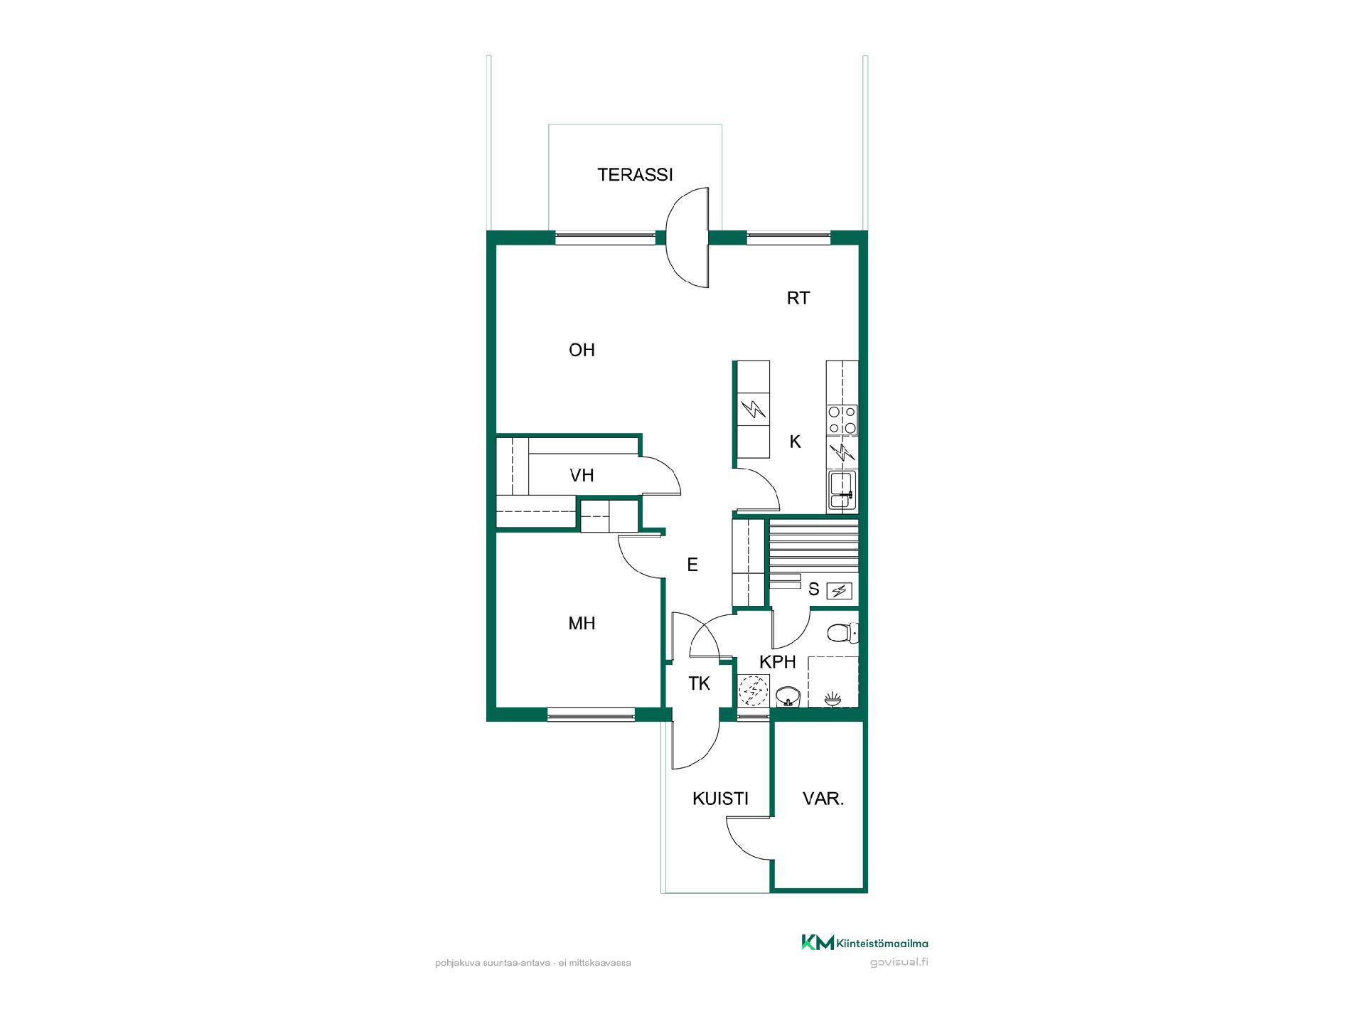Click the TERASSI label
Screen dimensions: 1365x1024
tap(635, 175)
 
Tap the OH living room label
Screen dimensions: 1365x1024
tap(582, 350)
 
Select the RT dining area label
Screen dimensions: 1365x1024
tap(798, 298)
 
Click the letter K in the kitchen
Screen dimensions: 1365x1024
tap(795, 442)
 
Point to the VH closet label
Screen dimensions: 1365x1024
tap(582, 475)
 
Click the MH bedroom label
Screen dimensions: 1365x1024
tap(582, 624)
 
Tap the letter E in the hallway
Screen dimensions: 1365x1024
tap(692, 565)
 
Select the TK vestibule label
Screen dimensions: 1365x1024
tap(699, 684)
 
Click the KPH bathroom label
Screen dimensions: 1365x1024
tap(777, 662)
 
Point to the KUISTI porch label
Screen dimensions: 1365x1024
tap(720, 799)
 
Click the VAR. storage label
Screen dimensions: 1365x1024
tap(823, 799)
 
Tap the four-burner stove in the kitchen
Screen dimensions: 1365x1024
tap(842, 420)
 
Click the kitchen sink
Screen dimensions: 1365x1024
tap(842, 490)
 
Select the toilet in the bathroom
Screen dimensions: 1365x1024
tap(843, 631)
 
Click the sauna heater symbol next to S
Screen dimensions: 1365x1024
tap(839, 590)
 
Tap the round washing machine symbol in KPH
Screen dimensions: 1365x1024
tap(752, 690)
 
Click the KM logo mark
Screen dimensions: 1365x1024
tap(818, 943)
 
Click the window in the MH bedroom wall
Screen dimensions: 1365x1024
tap(591, 714)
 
